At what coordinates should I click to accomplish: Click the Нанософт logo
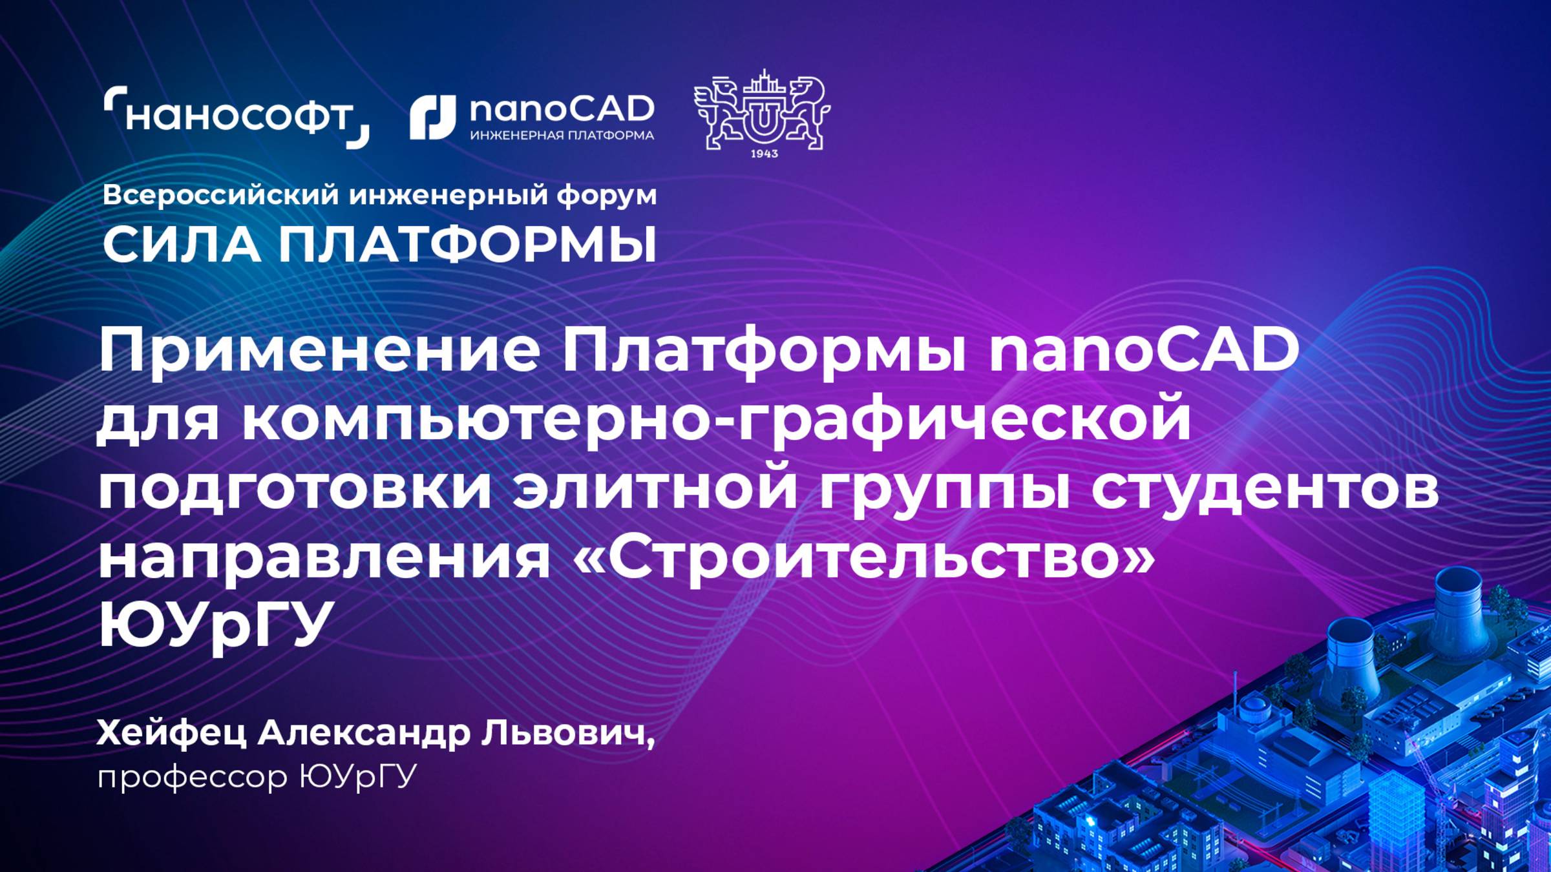coord(237,117)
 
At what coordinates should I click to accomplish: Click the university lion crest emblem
coord(763,110)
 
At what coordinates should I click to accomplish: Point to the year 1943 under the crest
coord(764,154)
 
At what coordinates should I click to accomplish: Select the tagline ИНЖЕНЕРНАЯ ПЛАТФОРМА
coord(562,136)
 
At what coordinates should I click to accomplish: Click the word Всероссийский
coord(220,195)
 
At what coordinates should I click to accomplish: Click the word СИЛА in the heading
coord(181,245)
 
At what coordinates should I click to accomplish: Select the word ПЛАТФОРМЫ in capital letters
coord(467,245)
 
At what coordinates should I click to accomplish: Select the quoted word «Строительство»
coord(863,557)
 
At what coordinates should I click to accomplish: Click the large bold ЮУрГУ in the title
coord(213,623)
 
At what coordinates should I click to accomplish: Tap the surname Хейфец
coord(171,734)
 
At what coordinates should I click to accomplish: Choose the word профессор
coord(192,776)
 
